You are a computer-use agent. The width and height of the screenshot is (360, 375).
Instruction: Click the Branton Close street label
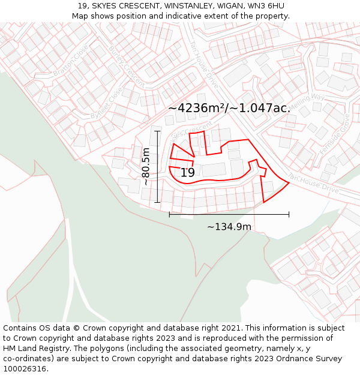[71, 60]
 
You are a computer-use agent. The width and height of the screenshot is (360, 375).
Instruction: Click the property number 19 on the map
[188, 173]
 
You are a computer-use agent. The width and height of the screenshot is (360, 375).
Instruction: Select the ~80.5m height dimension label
[146, 166]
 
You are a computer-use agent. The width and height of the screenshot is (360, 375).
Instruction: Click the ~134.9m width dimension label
[229, 227]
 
